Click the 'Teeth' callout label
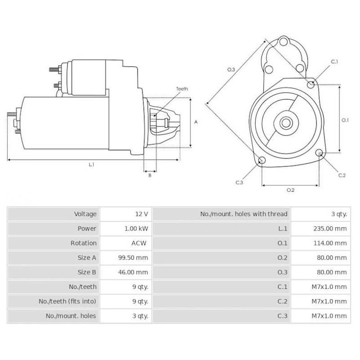182,88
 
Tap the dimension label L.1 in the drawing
91,165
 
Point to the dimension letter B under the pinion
149,175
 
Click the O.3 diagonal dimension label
230,69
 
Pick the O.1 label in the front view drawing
345,120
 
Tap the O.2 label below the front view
290,190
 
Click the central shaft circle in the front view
286,122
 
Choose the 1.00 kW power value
136,229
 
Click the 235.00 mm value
330,229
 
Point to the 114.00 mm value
330,243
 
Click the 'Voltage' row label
85,214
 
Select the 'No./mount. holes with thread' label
243,214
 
